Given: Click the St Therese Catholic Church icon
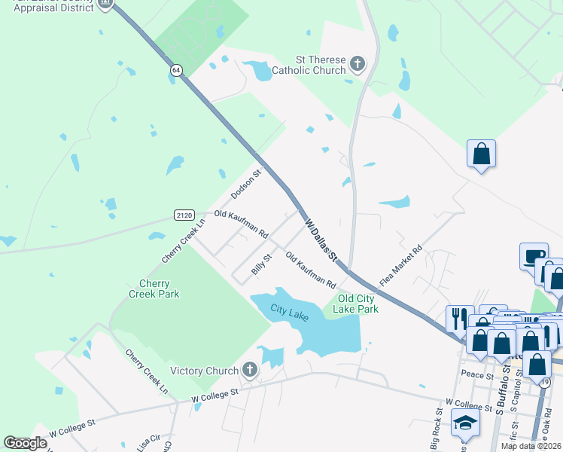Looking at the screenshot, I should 357,63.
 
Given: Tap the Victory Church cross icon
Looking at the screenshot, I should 250,370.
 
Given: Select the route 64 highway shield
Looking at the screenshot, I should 175,70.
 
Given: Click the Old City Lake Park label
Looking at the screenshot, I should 352,304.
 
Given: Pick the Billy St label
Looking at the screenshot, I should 261,265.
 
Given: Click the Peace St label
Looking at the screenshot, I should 476,374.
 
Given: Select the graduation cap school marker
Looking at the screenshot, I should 465,423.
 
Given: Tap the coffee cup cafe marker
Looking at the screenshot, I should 533,255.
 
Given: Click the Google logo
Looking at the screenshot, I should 25,443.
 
